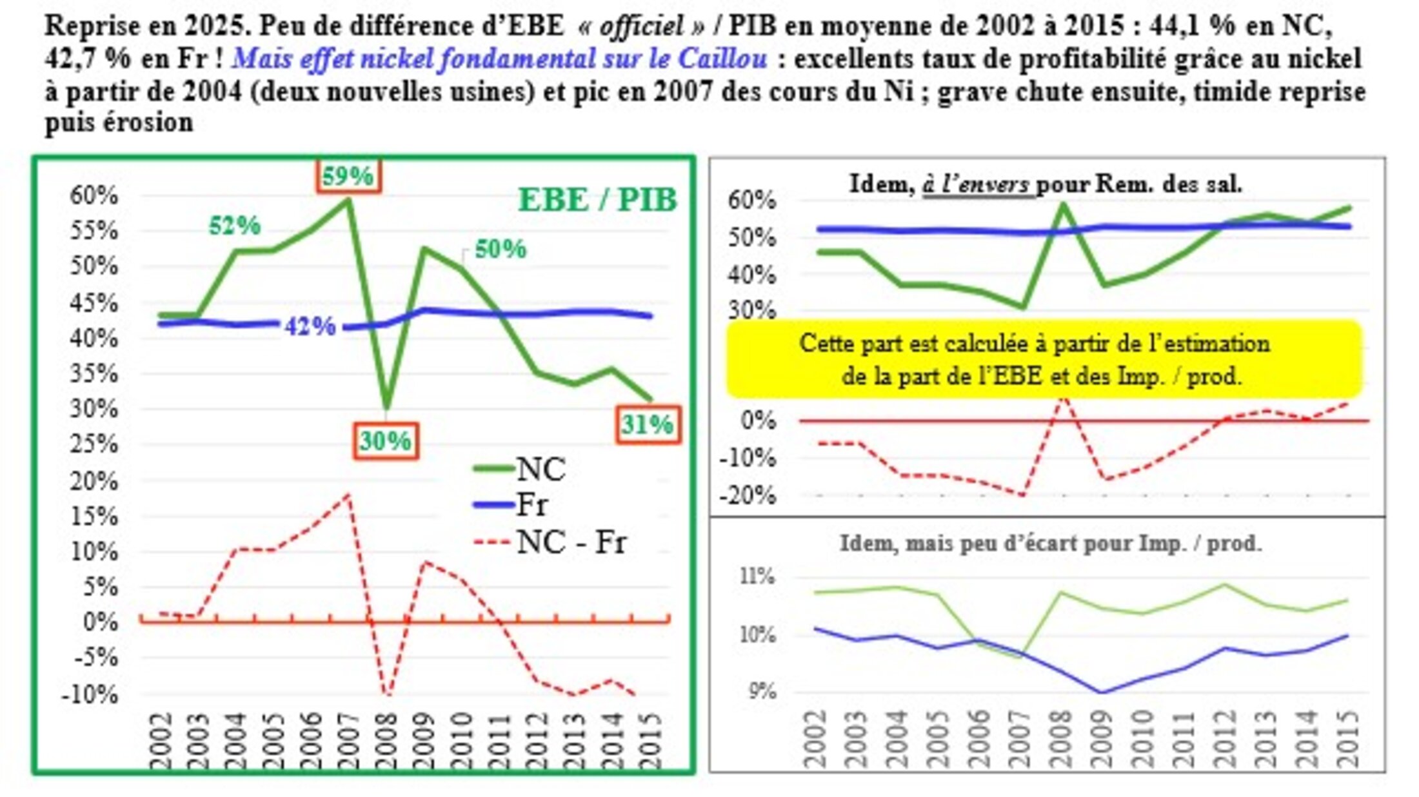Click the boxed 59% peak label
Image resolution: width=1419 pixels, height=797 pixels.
coord(348,176)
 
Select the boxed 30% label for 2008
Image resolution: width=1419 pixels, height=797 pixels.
coord(386,441)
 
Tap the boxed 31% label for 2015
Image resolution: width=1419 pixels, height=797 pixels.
coord(648,424)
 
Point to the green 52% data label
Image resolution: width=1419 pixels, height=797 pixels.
coord(235,226)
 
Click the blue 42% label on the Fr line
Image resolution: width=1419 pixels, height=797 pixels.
coord(310,327)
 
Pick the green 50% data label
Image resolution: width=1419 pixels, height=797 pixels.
coord(501,249)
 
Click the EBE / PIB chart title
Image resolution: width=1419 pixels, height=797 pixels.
coord(597,200)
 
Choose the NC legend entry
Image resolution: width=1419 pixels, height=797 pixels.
coord(541,469)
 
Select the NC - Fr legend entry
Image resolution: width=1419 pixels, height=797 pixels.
coord(571,542)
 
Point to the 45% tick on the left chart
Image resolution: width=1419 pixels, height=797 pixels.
coord(94,302)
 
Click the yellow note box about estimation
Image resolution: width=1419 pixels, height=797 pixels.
coord(1044,359)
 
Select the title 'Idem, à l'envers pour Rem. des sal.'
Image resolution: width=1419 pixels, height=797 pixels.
coord(1045,184)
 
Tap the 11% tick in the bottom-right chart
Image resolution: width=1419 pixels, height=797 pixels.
coord(756,576)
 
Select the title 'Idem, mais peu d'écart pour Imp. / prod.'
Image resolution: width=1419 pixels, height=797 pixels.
coord(1050,544)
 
